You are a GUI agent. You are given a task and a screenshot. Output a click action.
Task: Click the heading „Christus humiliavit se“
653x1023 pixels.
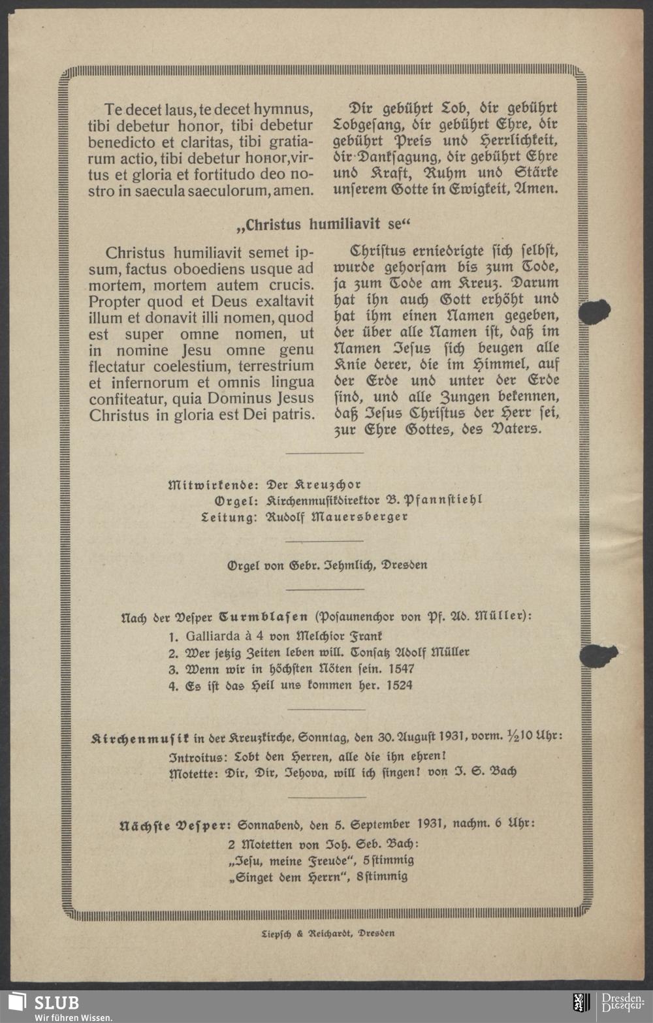(x=325, y=225)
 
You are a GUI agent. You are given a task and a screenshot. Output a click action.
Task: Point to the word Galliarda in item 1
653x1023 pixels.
(x=213, y=635)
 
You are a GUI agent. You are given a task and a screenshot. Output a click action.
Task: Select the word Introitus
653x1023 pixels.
(x=192, y=757)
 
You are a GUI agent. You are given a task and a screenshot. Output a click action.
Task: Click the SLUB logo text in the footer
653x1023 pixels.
(x=56, y=1002)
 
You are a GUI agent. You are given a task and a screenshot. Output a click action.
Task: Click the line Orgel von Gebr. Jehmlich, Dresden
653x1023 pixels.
(x=326, y=565)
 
